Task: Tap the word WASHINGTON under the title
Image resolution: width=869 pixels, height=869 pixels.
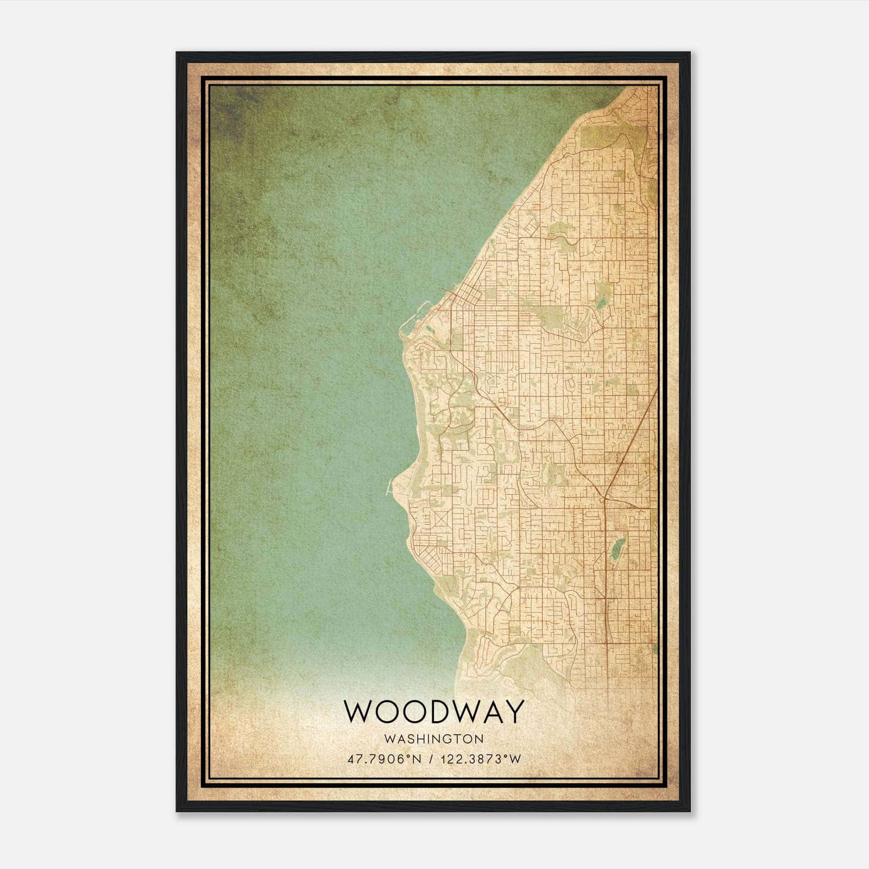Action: [434, 739]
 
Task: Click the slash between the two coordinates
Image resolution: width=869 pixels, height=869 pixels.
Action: [431, 759]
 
